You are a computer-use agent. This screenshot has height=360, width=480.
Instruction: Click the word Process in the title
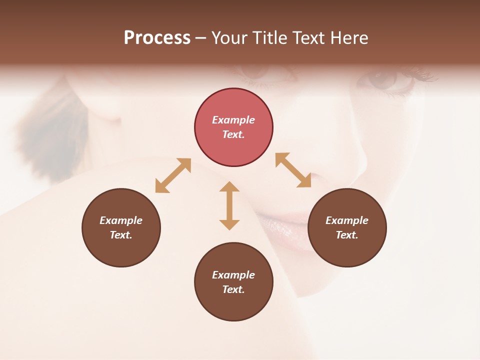coord(157,38)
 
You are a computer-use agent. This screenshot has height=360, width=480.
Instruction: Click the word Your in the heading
coord(230,38)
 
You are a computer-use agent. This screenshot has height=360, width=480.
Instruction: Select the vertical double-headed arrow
coord(229,205)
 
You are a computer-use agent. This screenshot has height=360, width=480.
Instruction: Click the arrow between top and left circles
coord(173,175)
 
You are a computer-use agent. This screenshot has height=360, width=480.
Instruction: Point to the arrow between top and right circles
coord(293,170)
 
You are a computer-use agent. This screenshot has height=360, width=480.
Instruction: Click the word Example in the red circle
coord(233,120)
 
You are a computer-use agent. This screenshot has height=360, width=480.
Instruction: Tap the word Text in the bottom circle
coord(233,289)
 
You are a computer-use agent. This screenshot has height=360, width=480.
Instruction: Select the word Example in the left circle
coord(121,220)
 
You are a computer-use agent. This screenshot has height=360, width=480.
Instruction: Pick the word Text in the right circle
coord(347,235)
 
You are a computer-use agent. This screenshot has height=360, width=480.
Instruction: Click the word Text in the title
coord(310,38)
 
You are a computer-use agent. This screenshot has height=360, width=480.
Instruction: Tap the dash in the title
coord(201,38)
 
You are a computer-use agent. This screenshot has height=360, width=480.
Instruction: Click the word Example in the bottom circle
coord(233,275)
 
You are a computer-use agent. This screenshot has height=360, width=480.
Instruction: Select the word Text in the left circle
coord(121,235)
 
